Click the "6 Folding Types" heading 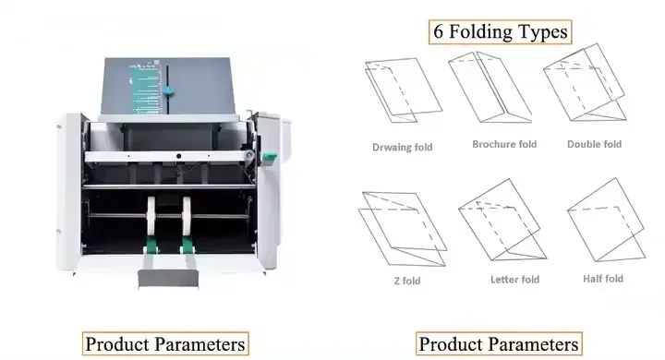pyautogui.click(x=501, y=31)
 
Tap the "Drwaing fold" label pyautogui.click(x=402, y=147)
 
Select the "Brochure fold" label pyautogui.click(x=504, y=144)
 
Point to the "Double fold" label pyautogui.click(x=594, y=144)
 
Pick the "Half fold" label pyautogui.click(x=603, y=278)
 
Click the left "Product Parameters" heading pyautogui.click(x=166, y=344)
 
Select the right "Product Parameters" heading pyautogui.click(x=499, y=344)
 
